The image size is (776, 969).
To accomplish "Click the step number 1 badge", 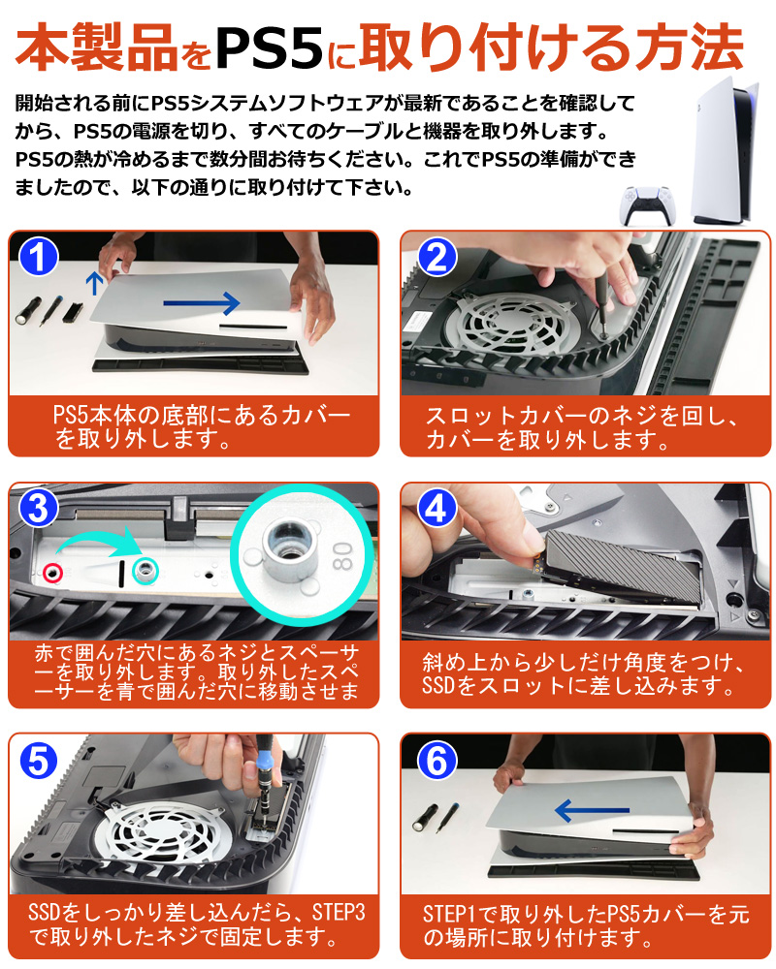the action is [39, 257].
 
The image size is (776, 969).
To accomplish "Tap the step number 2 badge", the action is [436, 257].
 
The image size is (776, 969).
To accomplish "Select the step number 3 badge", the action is [39, 509].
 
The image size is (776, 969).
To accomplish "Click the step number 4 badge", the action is [436, 509].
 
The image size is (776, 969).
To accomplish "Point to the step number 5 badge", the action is [39, 761].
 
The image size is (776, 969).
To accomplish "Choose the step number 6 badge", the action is [436, 761].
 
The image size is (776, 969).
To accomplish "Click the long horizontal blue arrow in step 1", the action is [202, 302].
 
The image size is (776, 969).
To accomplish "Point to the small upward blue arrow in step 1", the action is [94, 282].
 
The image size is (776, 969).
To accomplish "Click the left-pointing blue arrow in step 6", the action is [592, 809].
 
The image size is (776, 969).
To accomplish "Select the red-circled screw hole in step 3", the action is [52, 573].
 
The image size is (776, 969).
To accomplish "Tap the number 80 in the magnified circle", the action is [342, 556].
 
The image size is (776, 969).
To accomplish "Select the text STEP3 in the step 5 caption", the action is [339, 913].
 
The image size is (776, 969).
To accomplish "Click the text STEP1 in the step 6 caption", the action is [449, 915].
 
